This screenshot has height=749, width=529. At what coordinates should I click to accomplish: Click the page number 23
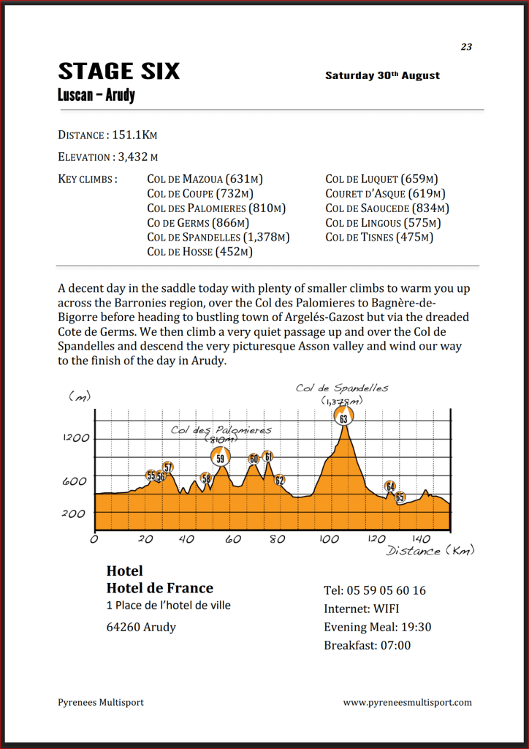coord(466,47)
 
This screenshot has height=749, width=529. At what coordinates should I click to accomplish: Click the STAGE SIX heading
coord(118,72)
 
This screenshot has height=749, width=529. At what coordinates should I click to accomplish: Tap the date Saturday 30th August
coord(382,75)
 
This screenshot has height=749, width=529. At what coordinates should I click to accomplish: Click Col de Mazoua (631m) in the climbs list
coord(205,178)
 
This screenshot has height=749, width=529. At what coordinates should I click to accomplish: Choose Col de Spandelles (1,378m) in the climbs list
coord(218,237)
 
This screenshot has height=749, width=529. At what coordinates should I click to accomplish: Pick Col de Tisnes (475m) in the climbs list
coord(378,237)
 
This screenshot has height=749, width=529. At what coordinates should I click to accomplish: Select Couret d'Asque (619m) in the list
coord(384,193)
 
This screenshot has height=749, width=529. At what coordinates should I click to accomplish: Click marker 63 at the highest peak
coord(343,418)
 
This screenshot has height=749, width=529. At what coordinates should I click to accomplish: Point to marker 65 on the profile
coord(400,497)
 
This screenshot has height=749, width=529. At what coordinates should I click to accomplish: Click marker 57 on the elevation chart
coord(168,467)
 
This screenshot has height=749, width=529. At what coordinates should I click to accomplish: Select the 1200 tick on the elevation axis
coord(75,438)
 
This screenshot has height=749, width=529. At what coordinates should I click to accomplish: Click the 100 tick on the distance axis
coord(323,539)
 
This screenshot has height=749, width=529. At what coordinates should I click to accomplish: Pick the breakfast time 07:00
coord(394,645)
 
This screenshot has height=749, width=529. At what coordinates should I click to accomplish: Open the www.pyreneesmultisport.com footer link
coord(407,702)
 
